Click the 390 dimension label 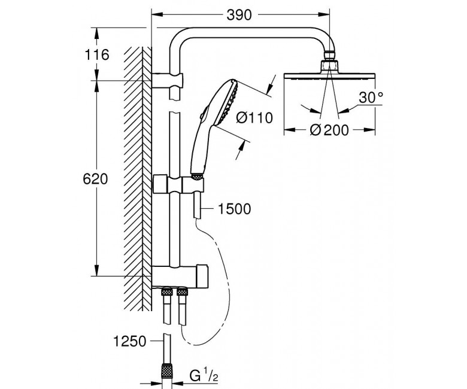pos(239,13)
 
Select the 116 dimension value pos(96,55)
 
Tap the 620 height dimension pos(96,179)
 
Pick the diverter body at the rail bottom pos(180,275)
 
